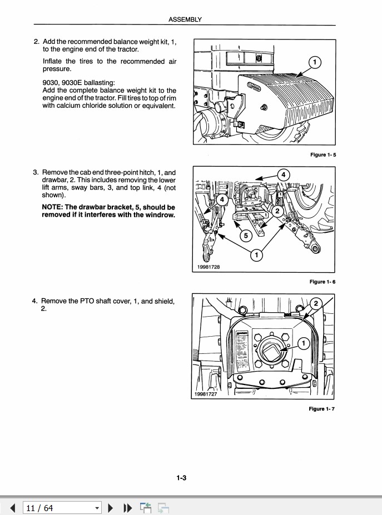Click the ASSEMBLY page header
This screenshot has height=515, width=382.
(x=185, y=19)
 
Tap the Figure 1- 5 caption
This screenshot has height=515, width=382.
(x=323, y=155)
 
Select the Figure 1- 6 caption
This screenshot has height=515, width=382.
(x=323, y=282)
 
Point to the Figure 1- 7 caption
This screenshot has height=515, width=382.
(x=323, y=409)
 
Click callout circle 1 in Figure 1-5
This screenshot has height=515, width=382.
(x=314, y=63)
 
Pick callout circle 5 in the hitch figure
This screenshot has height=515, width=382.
(x=245, y=236)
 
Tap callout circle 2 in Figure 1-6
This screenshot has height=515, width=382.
(x=278, y=212)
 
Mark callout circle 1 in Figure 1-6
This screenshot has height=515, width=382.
(x=257, y=255)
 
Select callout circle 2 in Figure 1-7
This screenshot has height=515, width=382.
(x=315, y=303)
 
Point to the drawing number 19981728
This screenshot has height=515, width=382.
(x=209, y=267)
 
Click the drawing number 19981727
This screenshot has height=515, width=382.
(x=206, y=394)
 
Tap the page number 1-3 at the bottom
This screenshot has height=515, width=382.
(x=181, y=477)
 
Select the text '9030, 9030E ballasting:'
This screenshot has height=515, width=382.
(x=78, y=83)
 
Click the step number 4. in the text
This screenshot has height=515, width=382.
(x=36, y=301)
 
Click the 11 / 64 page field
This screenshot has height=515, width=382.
(x=58, y=508)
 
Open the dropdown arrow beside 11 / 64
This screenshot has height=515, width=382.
(x=97, y=508)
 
